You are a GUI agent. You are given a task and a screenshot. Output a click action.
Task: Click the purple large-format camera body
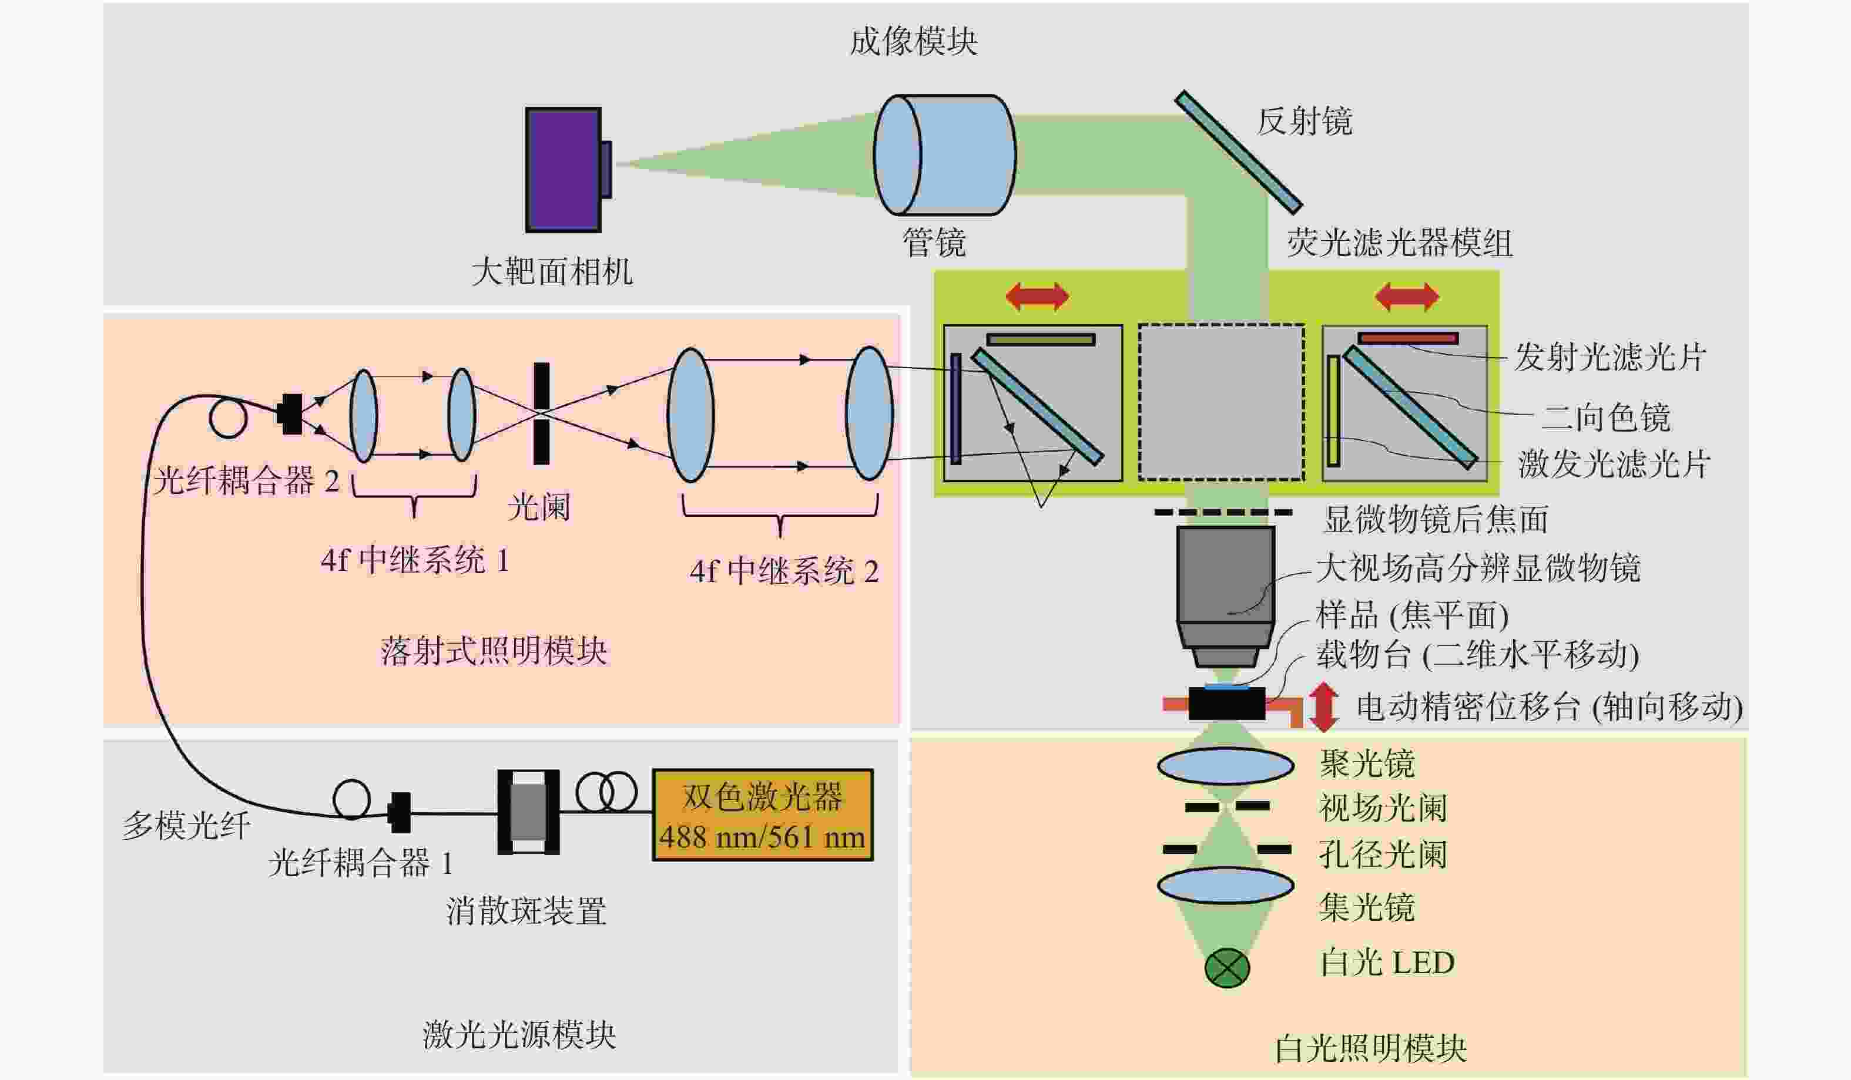564,170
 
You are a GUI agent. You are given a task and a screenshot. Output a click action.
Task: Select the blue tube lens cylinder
945,155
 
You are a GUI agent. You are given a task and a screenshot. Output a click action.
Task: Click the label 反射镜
1305,121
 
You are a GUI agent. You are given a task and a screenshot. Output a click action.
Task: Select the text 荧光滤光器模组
1400,243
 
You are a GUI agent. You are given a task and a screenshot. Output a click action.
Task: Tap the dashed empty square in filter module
1222,402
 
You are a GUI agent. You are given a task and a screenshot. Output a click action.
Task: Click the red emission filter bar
1408,338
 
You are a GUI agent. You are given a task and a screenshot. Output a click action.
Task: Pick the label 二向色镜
1605,418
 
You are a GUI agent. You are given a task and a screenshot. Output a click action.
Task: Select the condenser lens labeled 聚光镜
1225,766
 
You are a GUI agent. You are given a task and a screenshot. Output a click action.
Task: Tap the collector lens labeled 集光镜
1225,886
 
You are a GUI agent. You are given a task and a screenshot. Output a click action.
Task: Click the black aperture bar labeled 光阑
541,413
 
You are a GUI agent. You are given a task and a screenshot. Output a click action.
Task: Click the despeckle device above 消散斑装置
528,812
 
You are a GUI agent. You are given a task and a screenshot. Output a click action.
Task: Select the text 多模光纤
187,826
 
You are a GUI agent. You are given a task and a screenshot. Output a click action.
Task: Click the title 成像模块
914,41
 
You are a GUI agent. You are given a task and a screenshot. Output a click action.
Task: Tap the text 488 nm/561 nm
763,837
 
